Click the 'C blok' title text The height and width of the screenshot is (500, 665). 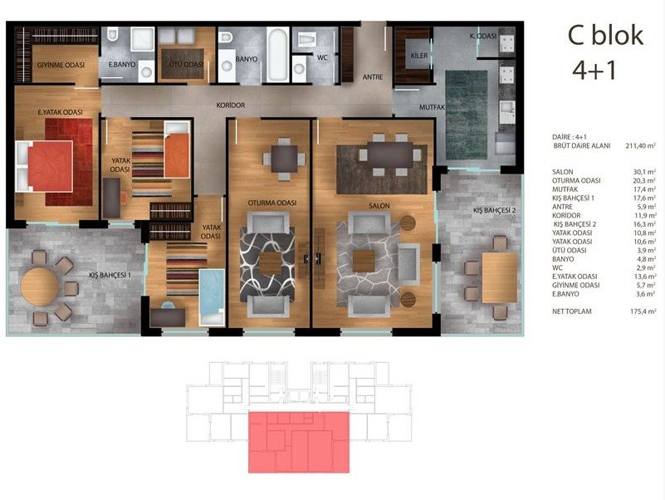pyautogui.click(x=605, y=35)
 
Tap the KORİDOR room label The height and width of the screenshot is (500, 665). pyautogui.click(x=231, y=105)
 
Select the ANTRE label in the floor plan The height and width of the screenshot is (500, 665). pyautogui.click(x=373, y=76)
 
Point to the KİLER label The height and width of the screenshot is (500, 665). pyautogui.click(x=419, y=55)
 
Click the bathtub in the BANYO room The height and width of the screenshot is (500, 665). pyautogui.click(x=278, y=55)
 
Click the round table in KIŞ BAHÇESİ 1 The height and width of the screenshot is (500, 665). pyautogui.click(x=40, y=287)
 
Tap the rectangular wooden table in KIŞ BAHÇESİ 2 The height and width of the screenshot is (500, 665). pyautogui.click(x=500, y=277)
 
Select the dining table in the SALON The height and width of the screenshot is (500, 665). pyautogui.click(x=389, y=155)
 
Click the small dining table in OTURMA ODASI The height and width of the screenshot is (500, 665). pyautogui.click(x=284, y=159)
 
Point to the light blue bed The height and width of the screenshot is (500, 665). pyautogui.click(x=212, y=297)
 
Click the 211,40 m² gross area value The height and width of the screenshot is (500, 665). pyautogui.click(x=640, y=145)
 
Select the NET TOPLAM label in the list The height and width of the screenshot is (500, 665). pyautogui.click(x=571, y=311)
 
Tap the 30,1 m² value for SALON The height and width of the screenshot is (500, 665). pyautogui.click(x=644, y=172)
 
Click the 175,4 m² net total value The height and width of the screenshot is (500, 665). pyautogui.click(x=643, y=311)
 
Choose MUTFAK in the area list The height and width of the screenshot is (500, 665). pyautogui.click(x=565, y=189)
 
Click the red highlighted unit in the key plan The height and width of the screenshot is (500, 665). pyautogui.click(x=299, y=442)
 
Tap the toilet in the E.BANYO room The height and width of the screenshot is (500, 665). pyautogui.click(x=112, y=35)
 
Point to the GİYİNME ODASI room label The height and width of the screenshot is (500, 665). pyautogui.click(x=61, y=65)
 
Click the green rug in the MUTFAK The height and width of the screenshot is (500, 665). pyautogui.click(x=467, y=115)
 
